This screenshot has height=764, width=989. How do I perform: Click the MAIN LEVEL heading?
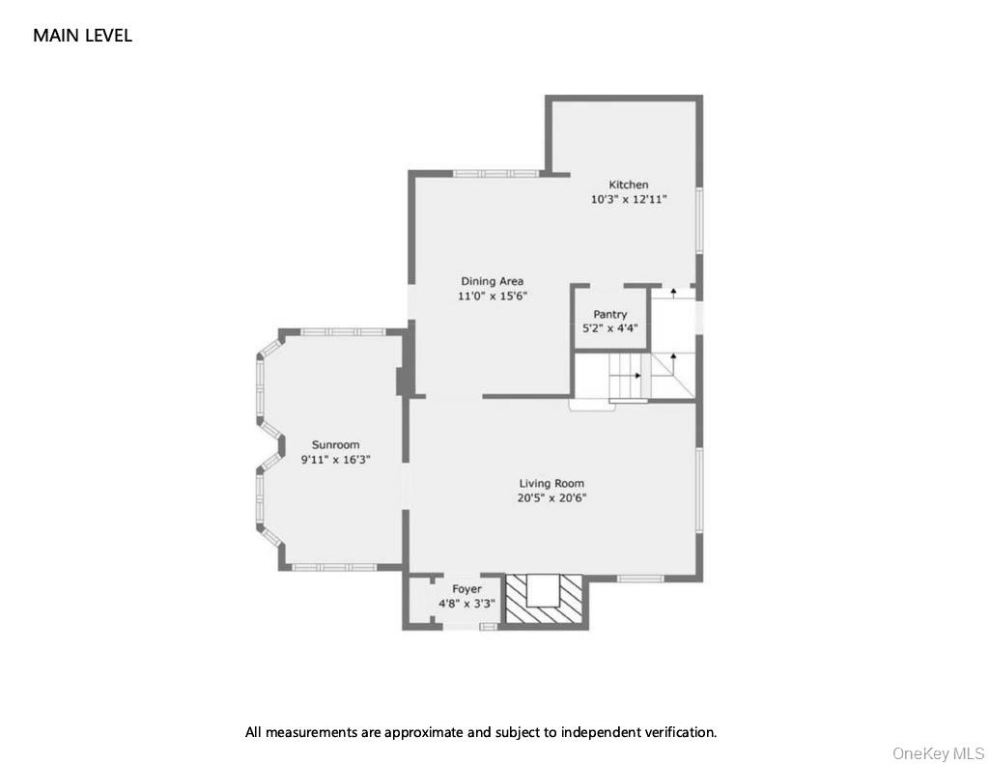click(x=82, y=36)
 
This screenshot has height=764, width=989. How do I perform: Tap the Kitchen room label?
click(x=628, y=184)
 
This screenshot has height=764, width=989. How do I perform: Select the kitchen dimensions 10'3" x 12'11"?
click(x=629, y=199)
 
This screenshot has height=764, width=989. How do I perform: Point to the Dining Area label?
click(x=492, y=281)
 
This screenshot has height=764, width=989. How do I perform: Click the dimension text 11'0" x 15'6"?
click(x=493, y=297)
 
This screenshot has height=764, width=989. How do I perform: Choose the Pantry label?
click(x=610, y=314)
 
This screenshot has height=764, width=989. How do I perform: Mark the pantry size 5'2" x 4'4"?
click(x=610, y=328)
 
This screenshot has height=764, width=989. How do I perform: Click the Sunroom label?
click(x=335, y=445)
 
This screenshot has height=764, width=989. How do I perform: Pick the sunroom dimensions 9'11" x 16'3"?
click(x=336, y=461)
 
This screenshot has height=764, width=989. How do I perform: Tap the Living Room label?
click(x=551, y=484)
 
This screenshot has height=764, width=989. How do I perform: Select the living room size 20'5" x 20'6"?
click(x=552, y=498)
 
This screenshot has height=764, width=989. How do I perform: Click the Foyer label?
click(x=466, y=589)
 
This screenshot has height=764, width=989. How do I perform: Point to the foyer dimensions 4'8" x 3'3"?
click(x=466, y=604)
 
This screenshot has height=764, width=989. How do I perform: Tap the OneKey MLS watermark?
click(x=938, y=752)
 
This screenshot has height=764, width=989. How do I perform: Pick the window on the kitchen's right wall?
click(x=699, y=221)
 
